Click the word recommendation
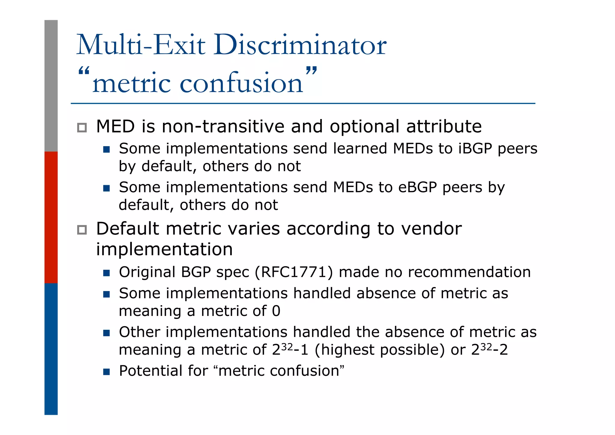(469, 272)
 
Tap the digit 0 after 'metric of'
(276, 311)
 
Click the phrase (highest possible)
(380, 350)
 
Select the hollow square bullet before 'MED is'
(82, 128)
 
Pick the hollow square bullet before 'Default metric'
(82, 230)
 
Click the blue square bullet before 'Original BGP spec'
(106, 273)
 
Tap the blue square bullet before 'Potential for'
(106, 372)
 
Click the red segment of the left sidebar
(51, 217)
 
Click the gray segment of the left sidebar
(51, 86)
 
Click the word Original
(147, 272)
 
